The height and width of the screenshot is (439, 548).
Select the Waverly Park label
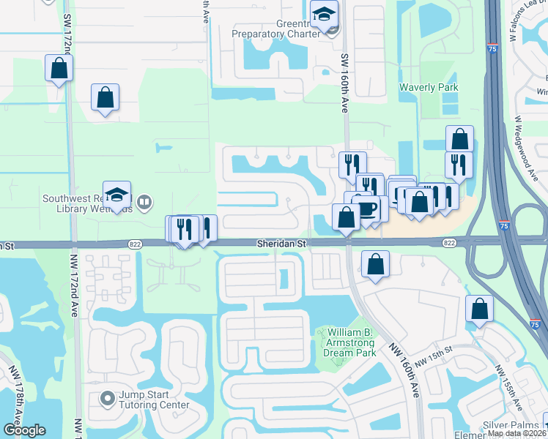429,88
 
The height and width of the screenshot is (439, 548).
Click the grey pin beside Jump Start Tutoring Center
108,399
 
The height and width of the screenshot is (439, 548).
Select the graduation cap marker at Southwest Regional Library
116,195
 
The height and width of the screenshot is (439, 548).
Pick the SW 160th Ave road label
344,80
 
